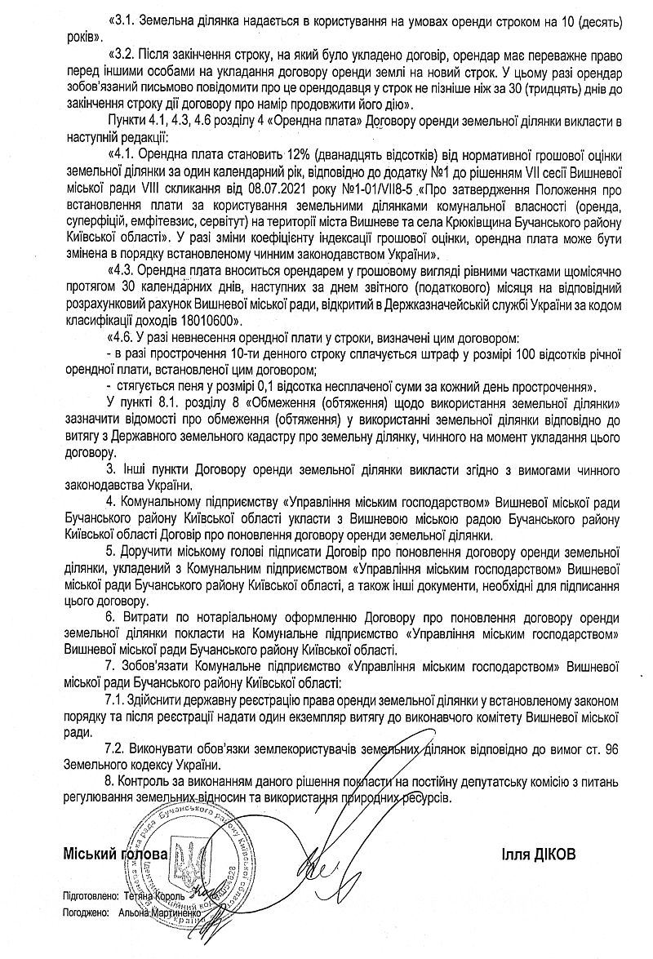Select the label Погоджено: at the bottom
[85, 913]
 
